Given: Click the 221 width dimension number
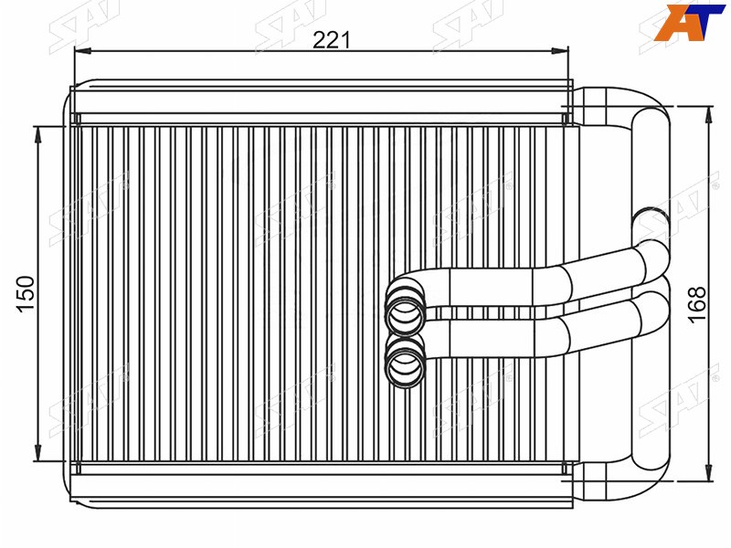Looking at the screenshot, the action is (x=331, y=40).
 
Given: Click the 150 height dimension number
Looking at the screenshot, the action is (x=26, y=294).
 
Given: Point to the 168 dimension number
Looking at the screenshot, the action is (x=698, y=305).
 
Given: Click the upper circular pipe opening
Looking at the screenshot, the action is (x=405, y=313).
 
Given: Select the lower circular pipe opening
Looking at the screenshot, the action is (x=405, y=364).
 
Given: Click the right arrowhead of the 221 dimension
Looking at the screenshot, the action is (x=560, y=50).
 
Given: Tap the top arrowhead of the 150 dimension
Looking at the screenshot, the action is (x=37, y=134).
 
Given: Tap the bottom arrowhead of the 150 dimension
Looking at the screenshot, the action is (x=37, y=452).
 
